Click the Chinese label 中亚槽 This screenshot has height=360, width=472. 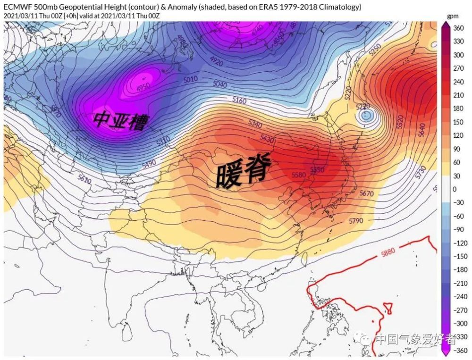click(120, 120)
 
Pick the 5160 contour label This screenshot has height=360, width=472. click(240, 100)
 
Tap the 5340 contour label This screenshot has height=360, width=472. click(254, 124)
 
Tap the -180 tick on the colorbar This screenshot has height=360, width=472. click(459, 269)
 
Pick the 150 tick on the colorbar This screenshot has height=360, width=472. click(458, 122)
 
